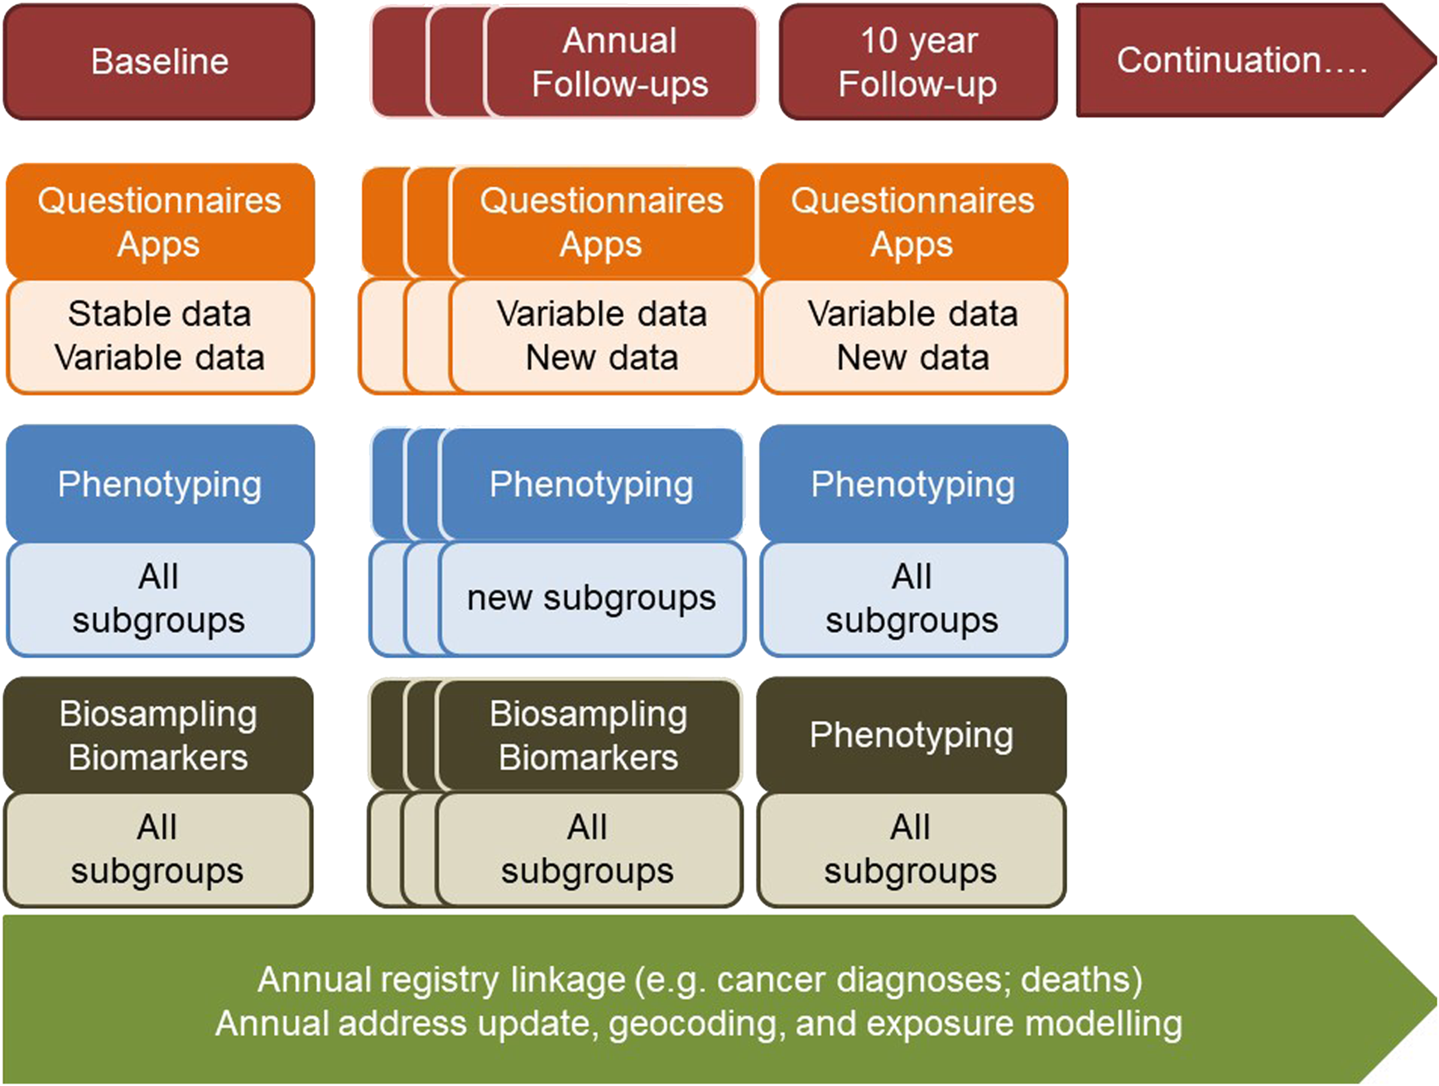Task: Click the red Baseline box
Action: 159,61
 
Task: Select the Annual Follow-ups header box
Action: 621,62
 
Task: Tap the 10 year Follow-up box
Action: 918,62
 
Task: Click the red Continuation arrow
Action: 1255,60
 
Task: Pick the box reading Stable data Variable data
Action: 160,336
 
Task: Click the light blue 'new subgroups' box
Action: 591,598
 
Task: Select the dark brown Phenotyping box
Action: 912,734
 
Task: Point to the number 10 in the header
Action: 879,41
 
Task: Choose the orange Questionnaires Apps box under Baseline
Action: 160,222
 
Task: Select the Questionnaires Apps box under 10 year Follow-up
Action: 912,222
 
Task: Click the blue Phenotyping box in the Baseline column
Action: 160,484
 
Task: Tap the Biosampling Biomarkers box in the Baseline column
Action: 158,735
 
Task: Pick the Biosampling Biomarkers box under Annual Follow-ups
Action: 589,735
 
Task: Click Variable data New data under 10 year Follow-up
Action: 913,336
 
